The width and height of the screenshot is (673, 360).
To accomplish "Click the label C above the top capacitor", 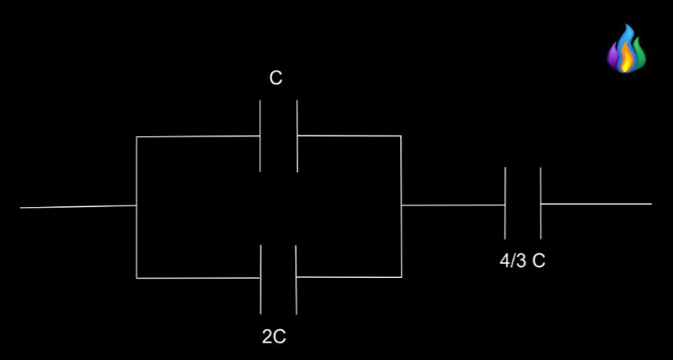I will (x=275, y=79).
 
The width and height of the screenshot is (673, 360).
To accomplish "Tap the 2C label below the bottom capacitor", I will (x=274, y=336).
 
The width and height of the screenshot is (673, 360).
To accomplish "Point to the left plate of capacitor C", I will (x=260, y=135).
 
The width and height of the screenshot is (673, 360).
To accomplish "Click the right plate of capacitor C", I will (x=297, y=135).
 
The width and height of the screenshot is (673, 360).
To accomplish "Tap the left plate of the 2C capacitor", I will (x=260, y=279).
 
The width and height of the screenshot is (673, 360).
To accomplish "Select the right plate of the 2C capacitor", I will (x=296, y=279).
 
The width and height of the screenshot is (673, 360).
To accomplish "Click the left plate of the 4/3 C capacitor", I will (x=505, y=203).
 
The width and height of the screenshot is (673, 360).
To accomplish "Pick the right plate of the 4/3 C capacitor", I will (x=541, y=203).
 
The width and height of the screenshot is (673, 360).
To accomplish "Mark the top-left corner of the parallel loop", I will (x=137, y=137).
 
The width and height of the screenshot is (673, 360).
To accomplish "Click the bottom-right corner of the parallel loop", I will (x=401, y=277).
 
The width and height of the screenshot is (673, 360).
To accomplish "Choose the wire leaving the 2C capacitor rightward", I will (x=349, y=278).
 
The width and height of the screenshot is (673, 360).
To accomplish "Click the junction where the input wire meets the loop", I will (x=136, y=206).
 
